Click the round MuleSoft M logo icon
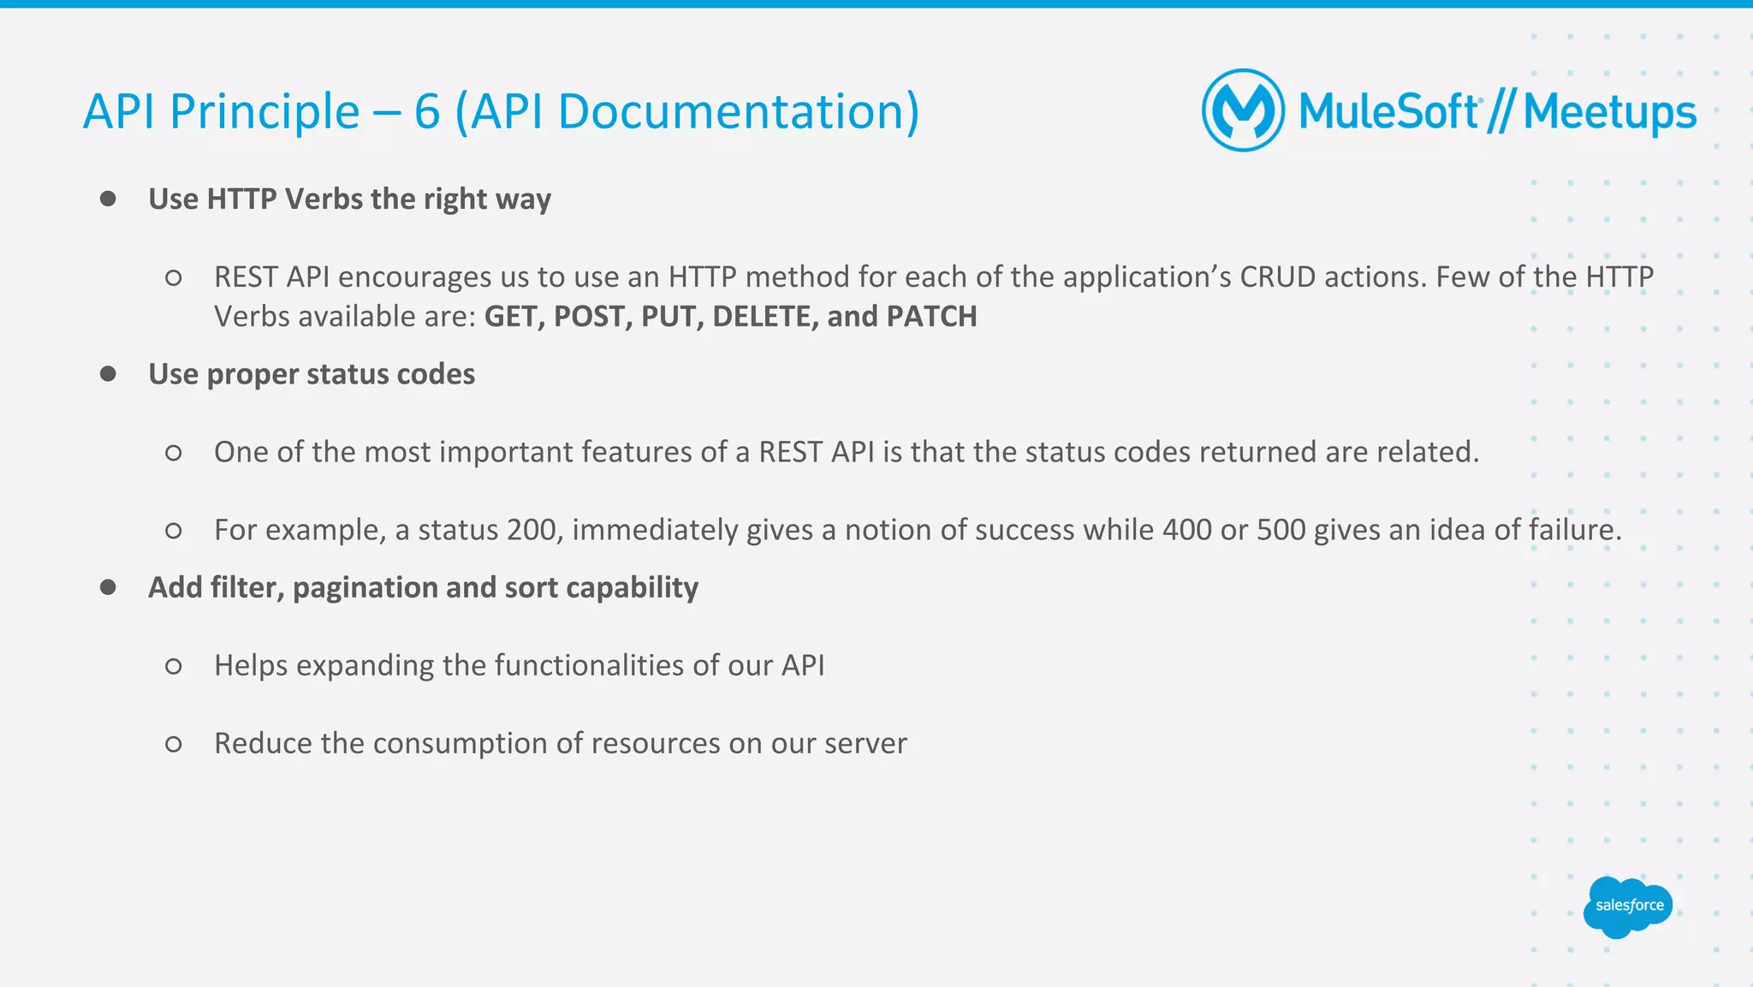click(1243, 110)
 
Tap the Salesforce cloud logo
click(1628, 907)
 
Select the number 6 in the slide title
click(426, 112)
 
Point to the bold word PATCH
click(931, 317)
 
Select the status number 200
click(533, 530)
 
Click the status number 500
click(1281, 530)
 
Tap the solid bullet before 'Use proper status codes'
click(108, 374)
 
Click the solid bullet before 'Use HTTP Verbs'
click(108, 199)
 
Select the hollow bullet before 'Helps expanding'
click(173, 666)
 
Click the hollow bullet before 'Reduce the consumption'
click(173, 744)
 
